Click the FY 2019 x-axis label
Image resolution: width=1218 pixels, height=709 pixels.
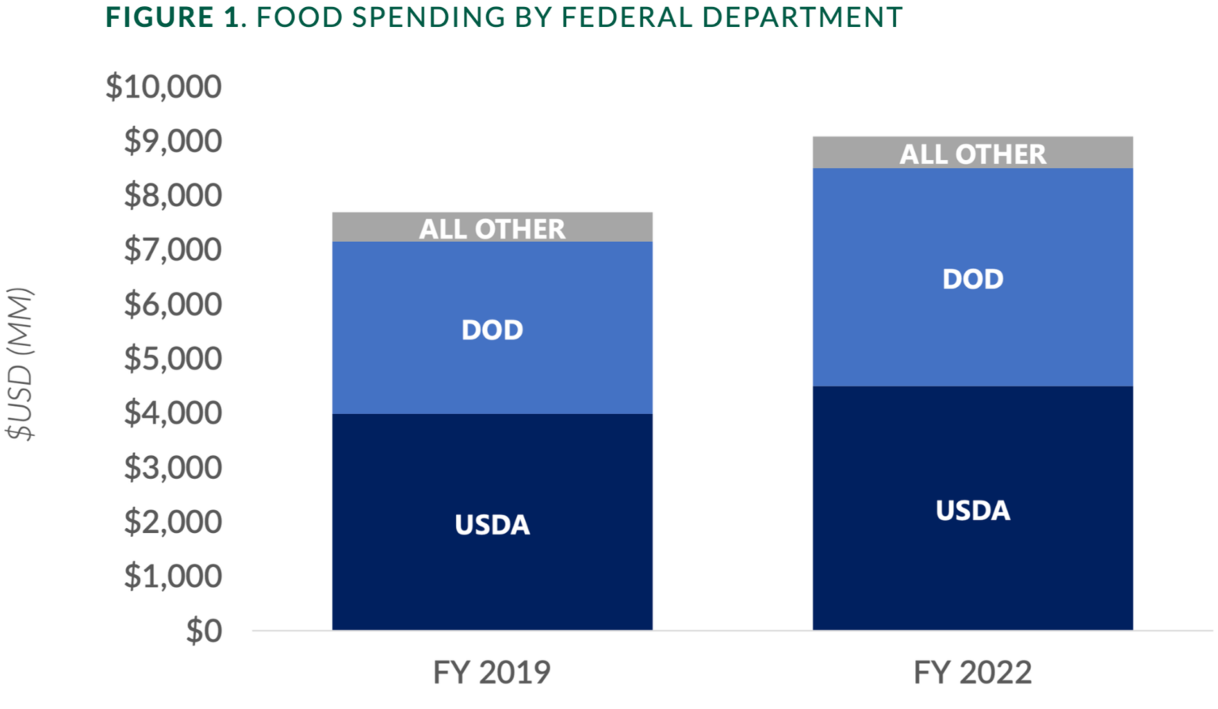click(492, 673)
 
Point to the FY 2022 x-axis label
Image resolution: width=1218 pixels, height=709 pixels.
click(972, 673)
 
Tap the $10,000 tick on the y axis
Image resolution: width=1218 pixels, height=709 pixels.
click(164, 86)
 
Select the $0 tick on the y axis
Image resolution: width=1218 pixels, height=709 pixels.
click(204, 631)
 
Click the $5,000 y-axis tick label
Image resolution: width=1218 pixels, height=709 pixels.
click(173, 358)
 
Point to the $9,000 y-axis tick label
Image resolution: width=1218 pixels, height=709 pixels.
click(173, 141)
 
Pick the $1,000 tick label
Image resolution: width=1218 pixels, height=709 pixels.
click(173, 577)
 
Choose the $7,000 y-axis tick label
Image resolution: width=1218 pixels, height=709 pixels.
click(173, 250)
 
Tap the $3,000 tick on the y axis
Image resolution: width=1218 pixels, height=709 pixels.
click(173, 468)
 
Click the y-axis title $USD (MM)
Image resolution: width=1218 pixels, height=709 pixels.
click(20, 364)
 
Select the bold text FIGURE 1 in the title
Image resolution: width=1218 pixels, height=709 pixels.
click(172, 17)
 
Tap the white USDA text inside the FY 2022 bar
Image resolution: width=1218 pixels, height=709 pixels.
click(972, 511)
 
